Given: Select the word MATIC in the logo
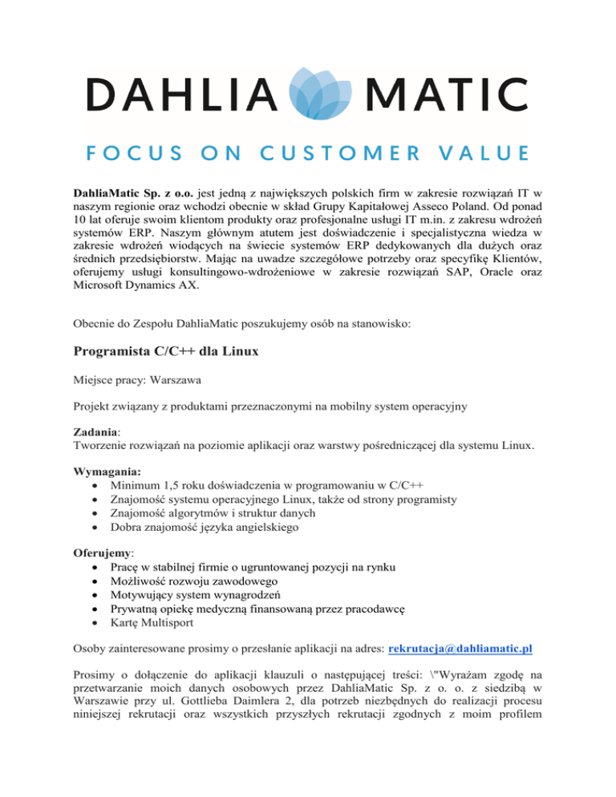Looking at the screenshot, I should coord(444,95).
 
